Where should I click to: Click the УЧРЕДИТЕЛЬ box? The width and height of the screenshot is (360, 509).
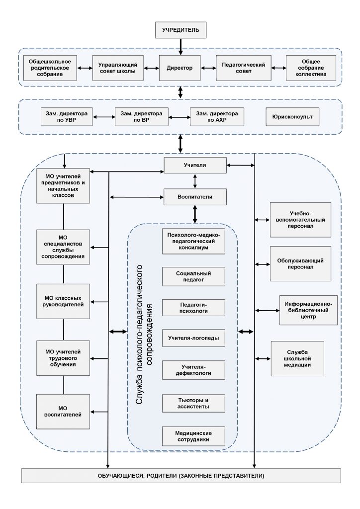coord(181,30)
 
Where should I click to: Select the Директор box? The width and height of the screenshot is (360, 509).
coord(180,68)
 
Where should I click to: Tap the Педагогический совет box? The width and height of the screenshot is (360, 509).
coord(244,68)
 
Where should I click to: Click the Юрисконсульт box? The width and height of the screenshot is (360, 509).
coord(292,116)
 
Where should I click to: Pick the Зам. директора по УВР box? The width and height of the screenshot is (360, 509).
coord(67,116)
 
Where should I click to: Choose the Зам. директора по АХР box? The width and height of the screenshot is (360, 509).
coord(217,116)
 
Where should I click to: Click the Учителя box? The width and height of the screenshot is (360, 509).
coord(195,165)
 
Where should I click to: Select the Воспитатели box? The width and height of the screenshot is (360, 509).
coord(195,197)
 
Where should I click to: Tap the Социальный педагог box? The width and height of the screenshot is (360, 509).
coord(193,276)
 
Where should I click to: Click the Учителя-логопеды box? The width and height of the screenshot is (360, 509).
coord(193,338)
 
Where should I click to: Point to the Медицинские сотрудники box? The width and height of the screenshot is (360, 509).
coord(193,436)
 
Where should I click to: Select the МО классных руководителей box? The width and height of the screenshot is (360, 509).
coord(63,301)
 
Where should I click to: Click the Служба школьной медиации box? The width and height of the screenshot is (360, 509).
coord(297,358)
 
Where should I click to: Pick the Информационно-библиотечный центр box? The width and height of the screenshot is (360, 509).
coord(308,310)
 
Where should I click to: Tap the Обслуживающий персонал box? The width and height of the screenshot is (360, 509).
coord(301,263)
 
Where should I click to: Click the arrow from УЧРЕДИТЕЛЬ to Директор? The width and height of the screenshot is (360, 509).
coord(181,47)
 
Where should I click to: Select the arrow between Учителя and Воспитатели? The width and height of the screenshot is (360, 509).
coord(195,181)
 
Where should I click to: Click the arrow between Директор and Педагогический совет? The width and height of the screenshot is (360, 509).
coord(208,68)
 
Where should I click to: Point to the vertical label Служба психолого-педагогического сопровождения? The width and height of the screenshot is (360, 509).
coord(144,335)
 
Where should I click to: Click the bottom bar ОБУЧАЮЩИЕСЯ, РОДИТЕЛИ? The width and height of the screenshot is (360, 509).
coord(181,476)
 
